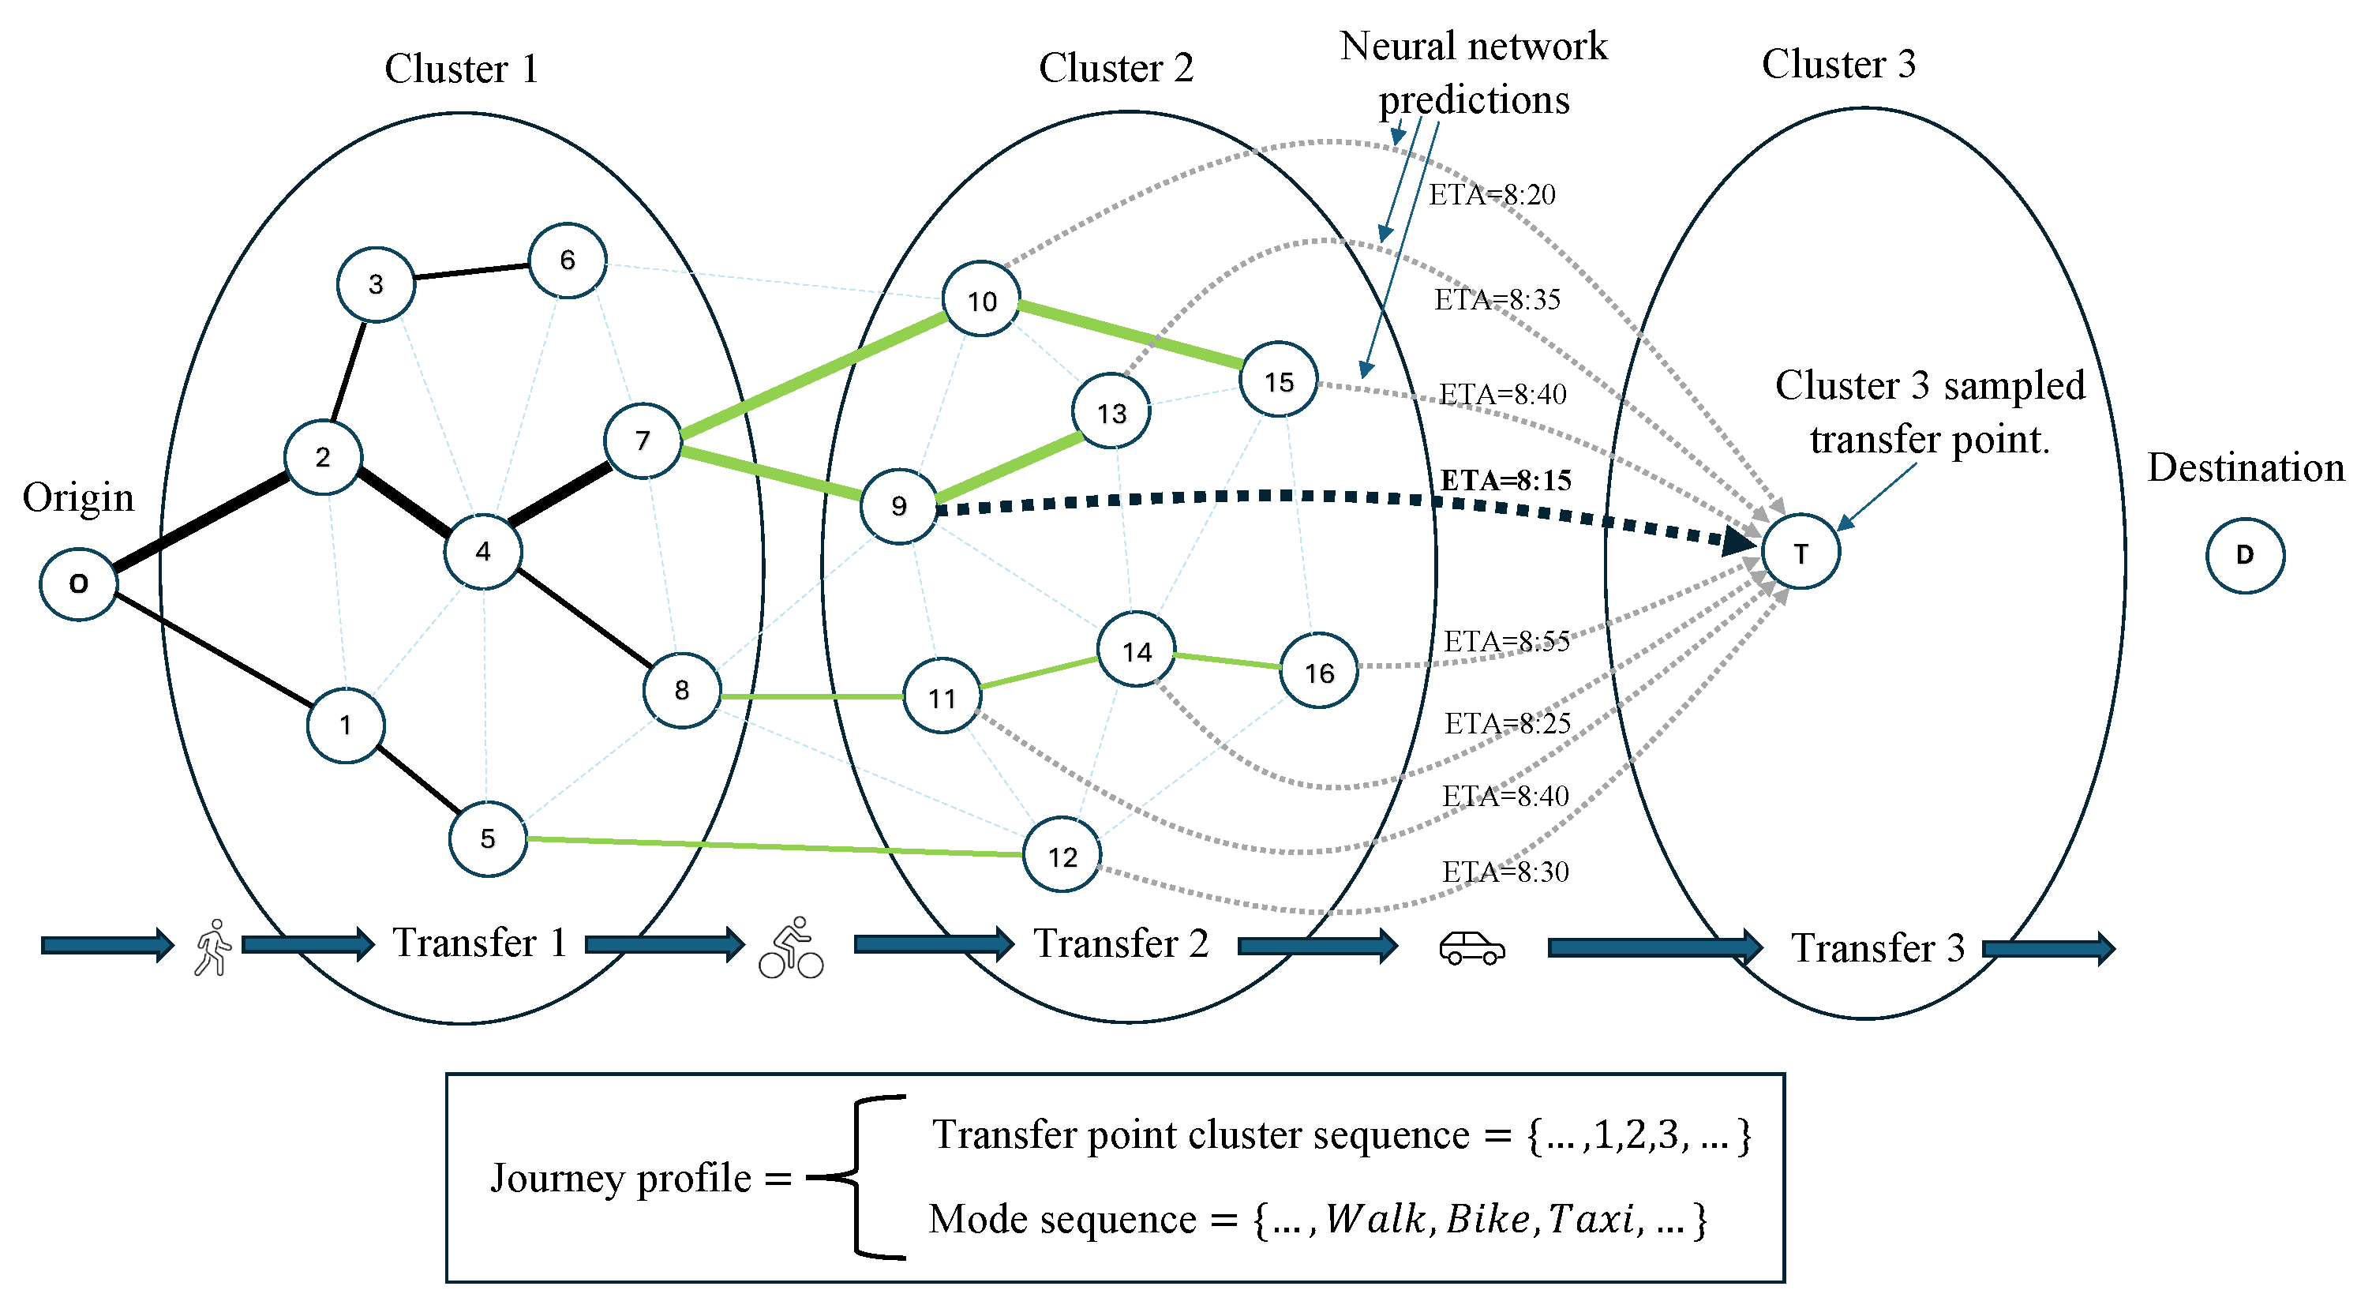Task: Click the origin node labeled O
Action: click(78, 584)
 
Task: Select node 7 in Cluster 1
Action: click(643, 441)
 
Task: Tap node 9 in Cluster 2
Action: click(899, 505)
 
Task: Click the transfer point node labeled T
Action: click(1801, 553)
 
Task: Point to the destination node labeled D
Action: click(2245, 554)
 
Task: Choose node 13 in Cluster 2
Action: click(1111, 413)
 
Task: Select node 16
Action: click(1318, 673)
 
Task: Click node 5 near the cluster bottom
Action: click(488, 838)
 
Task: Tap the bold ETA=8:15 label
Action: click(1505, 480)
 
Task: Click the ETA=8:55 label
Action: click(1506, 641)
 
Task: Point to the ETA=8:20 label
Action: click(1492, 194)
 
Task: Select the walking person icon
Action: click(212, 947)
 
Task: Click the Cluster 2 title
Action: click(1116, 67)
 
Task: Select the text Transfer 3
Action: click(1878, 947)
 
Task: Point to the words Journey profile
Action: click(620, 1178)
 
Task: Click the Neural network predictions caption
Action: click(1473, 72)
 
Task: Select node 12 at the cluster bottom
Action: click(1062, 857)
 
